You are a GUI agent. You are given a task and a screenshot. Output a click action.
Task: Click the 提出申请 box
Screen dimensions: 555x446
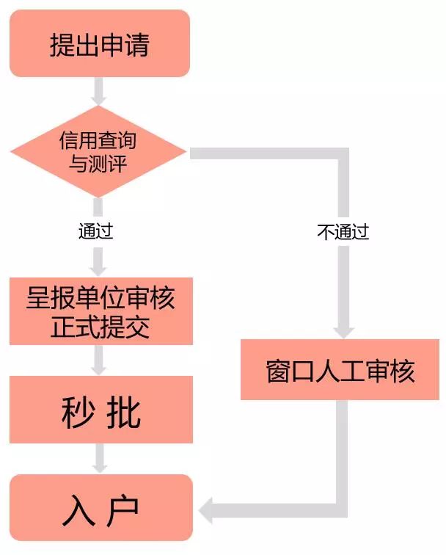[x=100, y=44]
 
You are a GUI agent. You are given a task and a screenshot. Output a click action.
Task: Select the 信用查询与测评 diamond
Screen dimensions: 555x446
[x=98, y=152]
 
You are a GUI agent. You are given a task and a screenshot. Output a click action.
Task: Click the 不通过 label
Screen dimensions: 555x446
[x=343, y=233]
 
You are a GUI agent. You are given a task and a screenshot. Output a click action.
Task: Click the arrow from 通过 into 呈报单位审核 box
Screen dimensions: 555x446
[x=99, y=261]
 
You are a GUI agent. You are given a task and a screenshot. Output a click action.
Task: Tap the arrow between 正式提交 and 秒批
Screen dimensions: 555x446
[x=99, y=360]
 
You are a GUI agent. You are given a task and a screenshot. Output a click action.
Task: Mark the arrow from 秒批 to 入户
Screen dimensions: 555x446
[x=99, y=459]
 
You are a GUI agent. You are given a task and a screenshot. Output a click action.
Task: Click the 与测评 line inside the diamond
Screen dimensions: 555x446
[x=98, y=163]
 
